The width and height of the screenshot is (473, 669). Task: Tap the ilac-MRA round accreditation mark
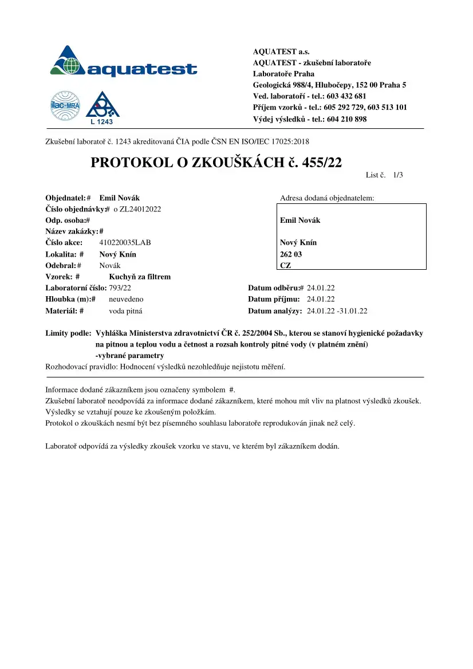coord(65,106)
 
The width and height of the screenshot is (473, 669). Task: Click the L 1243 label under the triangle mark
coord(103,121)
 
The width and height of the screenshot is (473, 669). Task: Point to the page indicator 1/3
coord(399,175)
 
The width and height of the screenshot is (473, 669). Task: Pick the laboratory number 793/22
coord(120,288)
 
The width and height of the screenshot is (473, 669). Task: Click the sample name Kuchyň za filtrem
coord(140,277)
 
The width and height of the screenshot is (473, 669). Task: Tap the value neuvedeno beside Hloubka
coord(126,299)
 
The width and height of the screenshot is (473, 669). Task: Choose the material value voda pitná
coord(125,311)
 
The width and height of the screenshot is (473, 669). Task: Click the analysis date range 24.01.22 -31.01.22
coord(337,311)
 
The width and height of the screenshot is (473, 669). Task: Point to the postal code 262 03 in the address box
coord(291,254)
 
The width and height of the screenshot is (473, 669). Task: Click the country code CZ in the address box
coord(285,265)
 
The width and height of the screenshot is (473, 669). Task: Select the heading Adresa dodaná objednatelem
coord(327,198)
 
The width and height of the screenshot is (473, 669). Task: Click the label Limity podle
coord(68,333)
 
